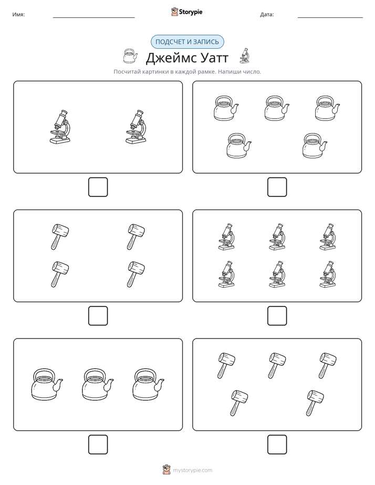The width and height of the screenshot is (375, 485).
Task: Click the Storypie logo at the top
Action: (x=186, y=12)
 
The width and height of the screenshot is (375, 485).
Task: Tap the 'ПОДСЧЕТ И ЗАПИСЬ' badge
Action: (x=187, y=42)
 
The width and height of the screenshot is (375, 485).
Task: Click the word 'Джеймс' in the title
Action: (x=170, y=58)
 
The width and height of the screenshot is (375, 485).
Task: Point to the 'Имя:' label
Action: (x=18, y=15)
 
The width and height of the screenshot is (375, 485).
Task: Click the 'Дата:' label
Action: (x=267, y=15)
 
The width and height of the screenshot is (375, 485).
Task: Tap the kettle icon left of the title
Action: (x=130, y=56)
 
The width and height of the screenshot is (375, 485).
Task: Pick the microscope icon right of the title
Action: (x=244, y=56)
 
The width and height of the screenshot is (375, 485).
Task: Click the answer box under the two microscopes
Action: (x=98, y=187)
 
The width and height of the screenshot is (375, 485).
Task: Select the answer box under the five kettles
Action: (x=277, y=187)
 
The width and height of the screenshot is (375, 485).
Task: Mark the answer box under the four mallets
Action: (x=98, y=316)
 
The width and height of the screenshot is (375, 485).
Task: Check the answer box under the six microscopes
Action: (x=277, y=316)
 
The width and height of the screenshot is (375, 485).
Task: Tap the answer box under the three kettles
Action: (x=98, y=445)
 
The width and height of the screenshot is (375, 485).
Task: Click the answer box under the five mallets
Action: (x=277, y=445)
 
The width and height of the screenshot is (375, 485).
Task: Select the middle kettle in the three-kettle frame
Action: (x=98, y=385)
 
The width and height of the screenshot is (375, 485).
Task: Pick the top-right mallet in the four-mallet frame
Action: (x=136, y=237)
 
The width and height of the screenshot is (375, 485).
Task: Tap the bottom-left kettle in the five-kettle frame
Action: (x=238, y=146)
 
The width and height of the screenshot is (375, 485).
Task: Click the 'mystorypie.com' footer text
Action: (x=192, y=470)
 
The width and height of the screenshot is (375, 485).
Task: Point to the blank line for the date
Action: (x=330, y=18)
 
